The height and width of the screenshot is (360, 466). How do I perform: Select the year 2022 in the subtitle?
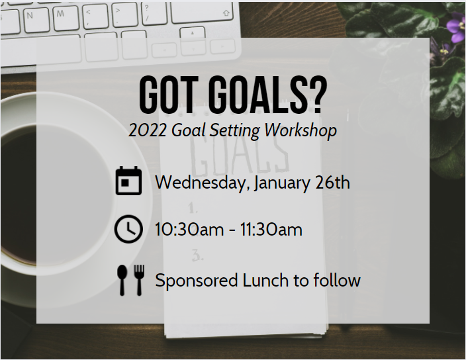pos(147,130)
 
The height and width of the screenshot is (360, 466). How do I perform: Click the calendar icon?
pos(128,181)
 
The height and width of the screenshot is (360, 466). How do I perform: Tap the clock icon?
pos(128,230)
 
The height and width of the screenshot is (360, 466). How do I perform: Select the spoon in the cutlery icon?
pos(122,280)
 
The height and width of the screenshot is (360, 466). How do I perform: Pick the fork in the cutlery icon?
pos(139,280)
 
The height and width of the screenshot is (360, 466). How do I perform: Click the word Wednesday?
pos(203,183)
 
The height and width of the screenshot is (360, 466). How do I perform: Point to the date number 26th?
pos(332,182)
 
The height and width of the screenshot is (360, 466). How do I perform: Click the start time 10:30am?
pos(189,230)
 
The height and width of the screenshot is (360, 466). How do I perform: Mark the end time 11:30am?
pos(271,230)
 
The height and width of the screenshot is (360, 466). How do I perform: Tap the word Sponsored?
pos(197,281)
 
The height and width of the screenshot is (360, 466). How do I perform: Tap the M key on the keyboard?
pos(66,18)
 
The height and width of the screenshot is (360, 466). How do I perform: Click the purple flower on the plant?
pos(457,30)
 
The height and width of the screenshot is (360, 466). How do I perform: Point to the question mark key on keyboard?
pos(154,13)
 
